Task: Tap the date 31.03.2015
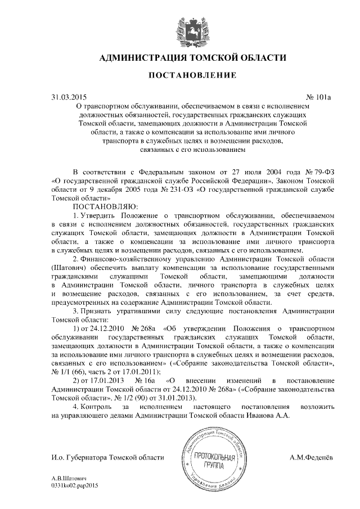pyautogui.click(x=69, y=97)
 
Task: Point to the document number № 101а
pyautogui.click(x=318, y=97)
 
